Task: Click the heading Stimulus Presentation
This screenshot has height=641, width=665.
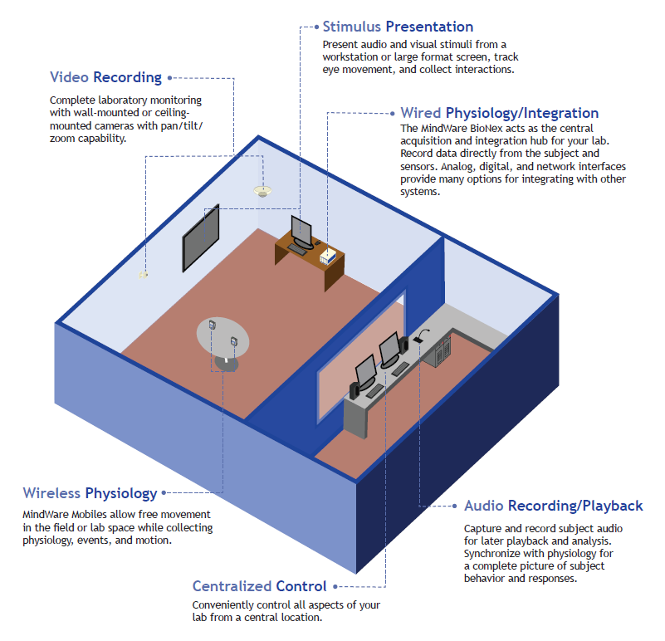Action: click(x=398, y=27)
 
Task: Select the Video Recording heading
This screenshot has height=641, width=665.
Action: click(x=105, y=77)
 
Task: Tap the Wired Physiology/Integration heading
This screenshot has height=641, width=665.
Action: click(x=500, y=113)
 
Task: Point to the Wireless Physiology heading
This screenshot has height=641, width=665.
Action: click(x=90, y=493)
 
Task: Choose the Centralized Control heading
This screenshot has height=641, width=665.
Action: click(x=260, y=586)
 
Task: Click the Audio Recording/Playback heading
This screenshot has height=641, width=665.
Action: click(x=554, y=506)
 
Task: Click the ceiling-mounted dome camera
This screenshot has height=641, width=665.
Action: click(x=262, y=191)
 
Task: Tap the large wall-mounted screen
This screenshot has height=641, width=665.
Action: click(x=201, y=237)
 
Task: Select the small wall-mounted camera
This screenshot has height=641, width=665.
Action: click(x=144, y=276)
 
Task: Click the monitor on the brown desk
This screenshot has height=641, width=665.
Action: click(x=301, y=231)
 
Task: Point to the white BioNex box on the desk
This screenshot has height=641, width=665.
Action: click(x=328, y=257)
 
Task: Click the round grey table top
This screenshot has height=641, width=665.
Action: click(x=222, y=338)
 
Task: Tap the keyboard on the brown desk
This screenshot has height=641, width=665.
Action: click(x=297, y=250)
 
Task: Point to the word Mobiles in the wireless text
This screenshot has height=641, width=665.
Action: click(x=89, y=515)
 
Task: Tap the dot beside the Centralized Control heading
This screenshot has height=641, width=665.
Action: click(x=335, y=587)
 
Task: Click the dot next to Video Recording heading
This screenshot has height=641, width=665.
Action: click(x=169, y=77)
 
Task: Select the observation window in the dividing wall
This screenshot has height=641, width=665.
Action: click(x=361, y=356)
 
